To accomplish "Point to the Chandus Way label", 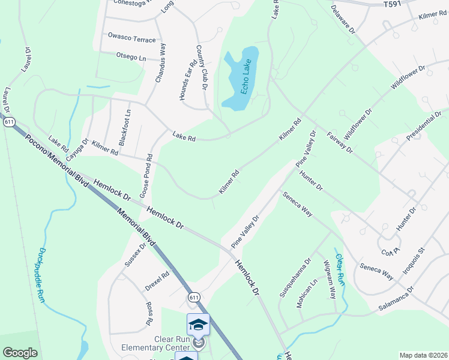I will coord(161,62).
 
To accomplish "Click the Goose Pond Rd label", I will coord(146,177).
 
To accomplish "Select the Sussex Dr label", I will coord(136,255).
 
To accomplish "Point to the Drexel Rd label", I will coord(157,279).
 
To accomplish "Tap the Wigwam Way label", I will coord(329,280).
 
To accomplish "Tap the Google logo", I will coord(20,353).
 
